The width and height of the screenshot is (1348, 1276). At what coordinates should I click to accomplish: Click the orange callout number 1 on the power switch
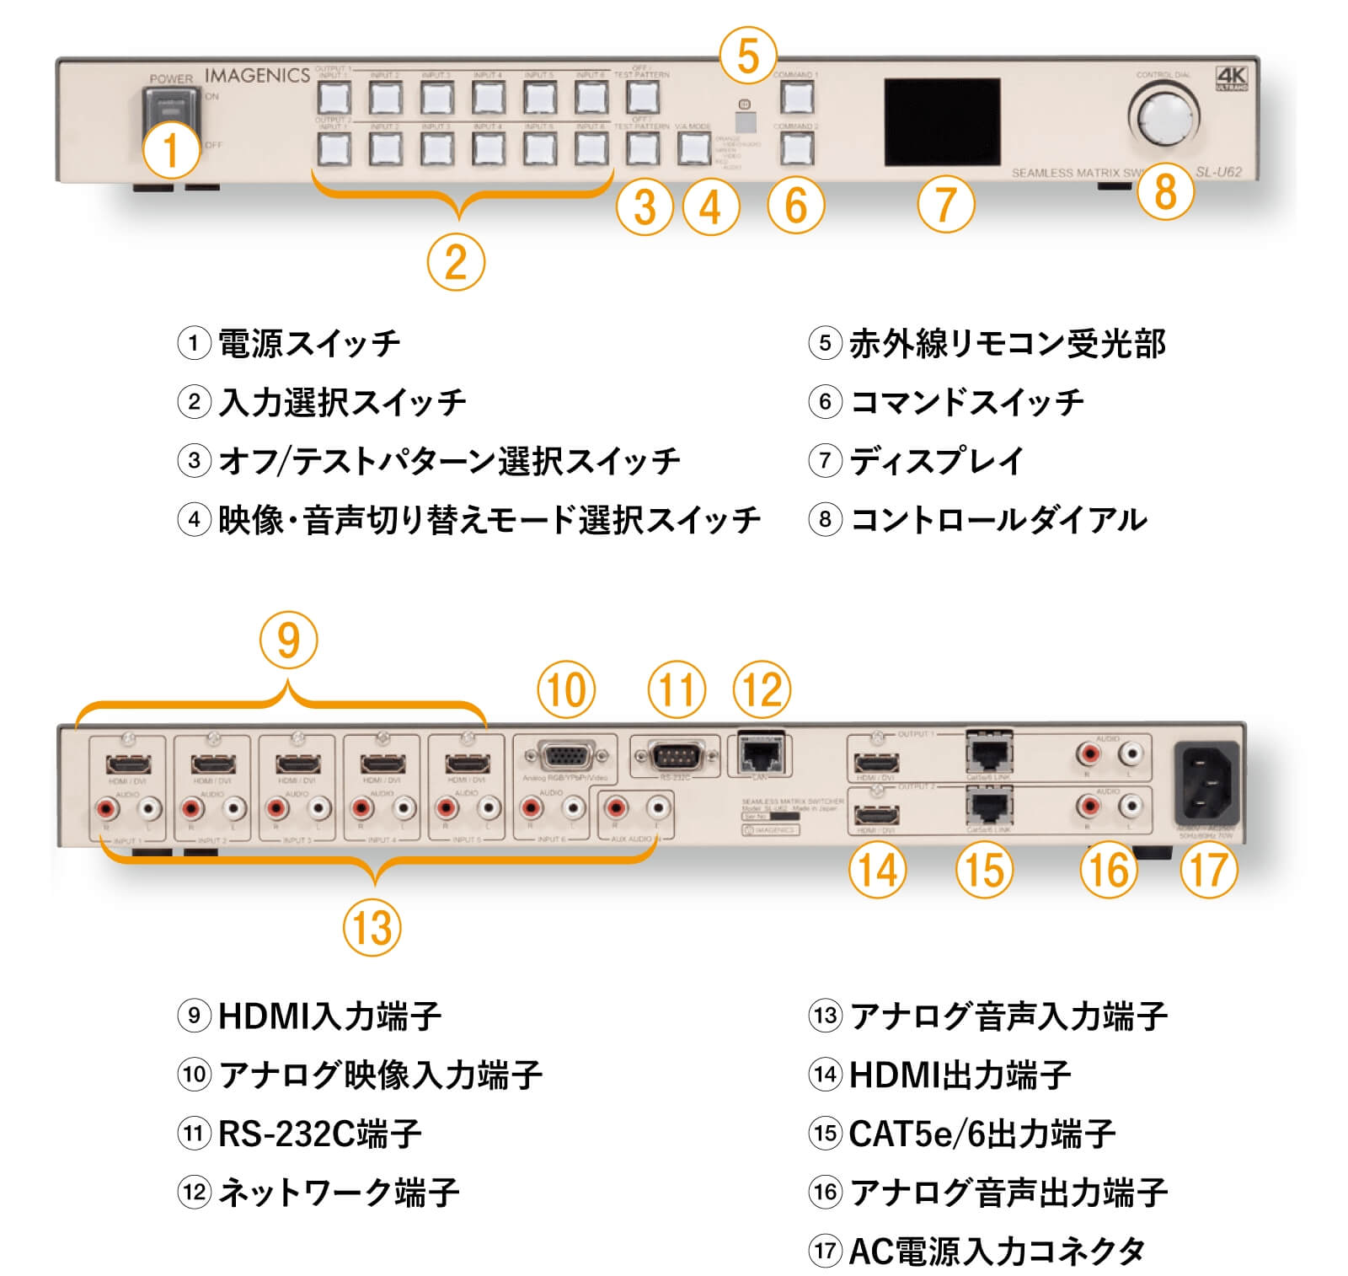click(x=171, y=150)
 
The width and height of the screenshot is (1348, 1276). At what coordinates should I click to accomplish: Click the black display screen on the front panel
click(x=942, y=122)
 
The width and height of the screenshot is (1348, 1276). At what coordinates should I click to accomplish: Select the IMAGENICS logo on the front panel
click(x=257, y=75)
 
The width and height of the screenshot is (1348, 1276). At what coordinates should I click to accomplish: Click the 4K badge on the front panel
click(x=1232, y=78)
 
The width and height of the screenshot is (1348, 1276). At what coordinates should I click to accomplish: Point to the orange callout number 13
click(x=372, y=928)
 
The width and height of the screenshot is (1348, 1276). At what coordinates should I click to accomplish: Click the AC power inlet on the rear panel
click(x=1206, y=783)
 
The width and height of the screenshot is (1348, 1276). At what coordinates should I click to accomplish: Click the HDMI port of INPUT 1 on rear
click(x=128, y=764)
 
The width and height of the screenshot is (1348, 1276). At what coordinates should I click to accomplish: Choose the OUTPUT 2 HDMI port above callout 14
click(x=876, y=814)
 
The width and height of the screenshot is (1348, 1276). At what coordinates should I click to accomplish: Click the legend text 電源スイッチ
click(x=308, y=344)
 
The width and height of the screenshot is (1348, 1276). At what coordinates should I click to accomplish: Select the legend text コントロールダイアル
click(x=998, y=519)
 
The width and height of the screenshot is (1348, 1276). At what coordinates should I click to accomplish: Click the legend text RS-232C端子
click(x=319, y=1134)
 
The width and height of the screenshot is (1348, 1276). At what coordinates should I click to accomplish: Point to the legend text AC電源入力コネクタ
click(x=997, y=1251)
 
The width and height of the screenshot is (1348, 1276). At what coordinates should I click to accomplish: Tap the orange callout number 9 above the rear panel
click(x=288, y=641)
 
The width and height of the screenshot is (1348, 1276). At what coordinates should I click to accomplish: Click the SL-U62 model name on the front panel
click(x=1218, y=172)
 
